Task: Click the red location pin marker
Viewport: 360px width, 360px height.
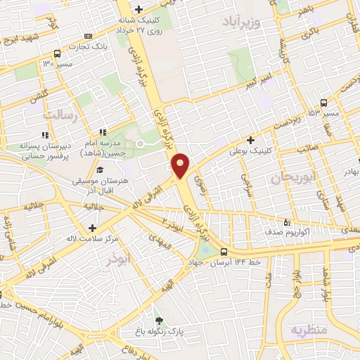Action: [181, 165]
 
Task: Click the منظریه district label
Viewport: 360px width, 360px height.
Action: [311, 328]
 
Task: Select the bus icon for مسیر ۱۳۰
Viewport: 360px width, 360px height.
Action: [57, 53]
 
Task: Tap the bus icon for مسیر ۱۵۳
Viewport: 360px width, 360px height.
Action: [323, 103]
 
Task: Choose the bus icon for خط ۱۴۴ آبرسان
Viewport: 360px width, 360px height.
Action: [224, 252]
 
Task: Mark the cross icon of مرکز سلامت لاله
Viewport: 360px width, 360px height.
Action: [93, 227]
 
